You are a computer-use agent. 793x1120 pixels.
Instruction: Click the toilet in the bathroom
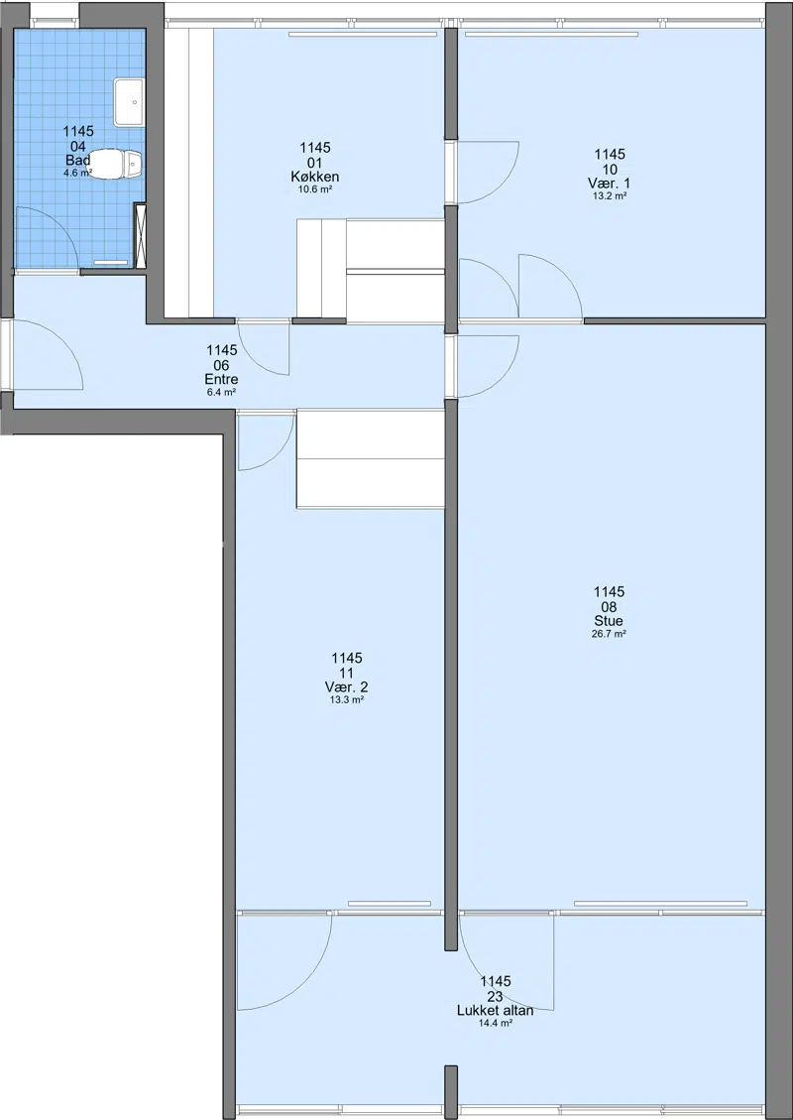pyautogui.click(x=115, y=165)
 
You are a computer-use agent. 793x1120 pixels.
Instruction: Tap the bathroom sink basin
pyautogui.click(x=129, y=102)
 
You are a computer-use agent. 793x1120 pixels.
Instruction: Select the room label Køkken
pyautogui.click(x=315, y=178)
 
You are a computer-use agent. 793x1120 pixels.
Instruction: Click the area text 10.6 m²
pyautogui.click(x=315, y=190)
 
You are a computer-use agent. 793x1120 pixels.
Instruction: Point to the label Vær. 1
pyautogui.click(x=610, y=184)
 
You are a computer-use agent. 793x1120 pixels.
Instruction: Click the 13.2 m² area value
pyautogui.click(x=610, y=196)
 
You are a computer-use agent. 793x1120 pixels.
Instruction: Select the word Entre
pyautogui.click(x=221, y=380)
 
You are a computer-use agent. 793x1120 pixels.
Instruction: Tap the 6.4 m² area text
pyautogui.click(x=221, y=392)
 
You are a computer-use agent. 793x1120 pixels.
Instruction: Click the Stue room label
pyautogui.click(x=609, y=621)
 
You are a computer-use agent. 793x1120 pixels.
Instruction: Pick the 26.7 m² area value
pyautogui.click(x=609, y=634)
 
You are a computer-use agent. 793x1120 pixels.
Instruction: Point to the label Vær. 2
pyautogui.click(x=347, y=687)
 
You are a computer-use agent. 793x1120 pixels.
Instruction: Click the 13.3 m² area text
pyautogui.click(x=347, y=700)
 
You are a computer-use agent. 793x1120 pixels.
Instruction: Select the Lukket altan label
pyautogui.click(x=496, y=1011)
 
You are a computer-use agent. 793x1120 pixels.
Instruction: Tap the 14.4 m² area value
pyautogui.click(x=496, y=1024)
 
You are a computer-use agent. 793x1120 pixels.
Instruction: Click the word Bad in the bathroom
pyautogui.click(x=77, y=160)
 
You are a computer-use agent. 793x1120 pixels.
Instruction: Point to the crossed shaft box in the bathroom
pyautogui.click(x=141, y=236)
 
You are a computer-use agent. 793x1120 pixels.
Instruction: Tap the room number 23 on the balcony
pyautogui.click(x=496, y=996)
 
